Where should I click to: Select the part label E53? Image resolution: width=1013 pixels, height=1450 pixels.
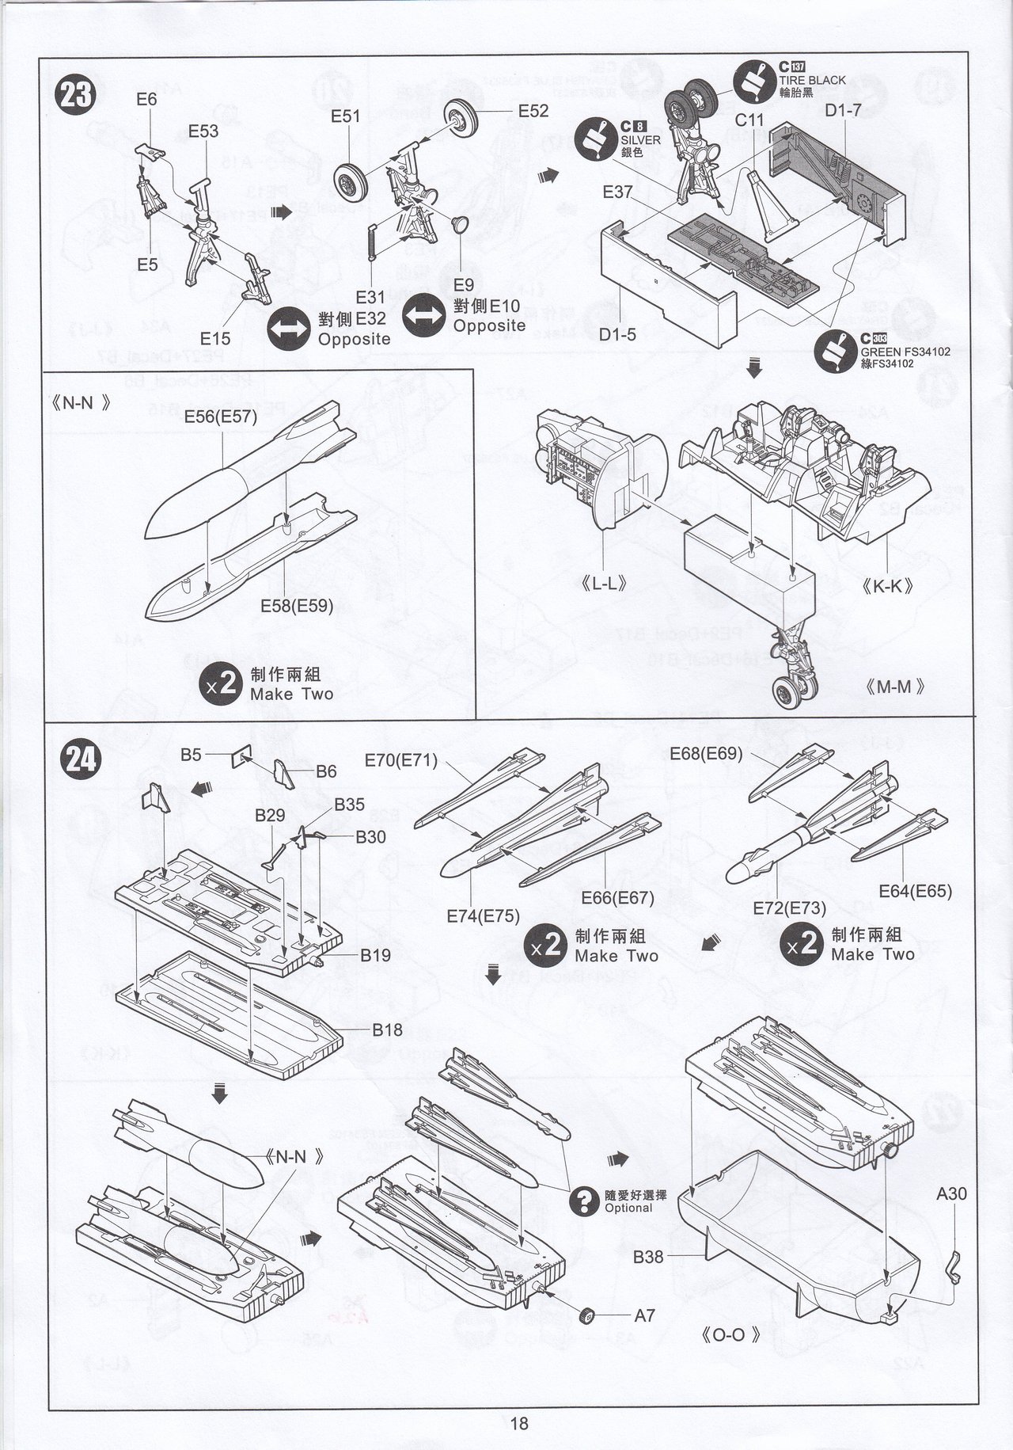(x=203, y=131)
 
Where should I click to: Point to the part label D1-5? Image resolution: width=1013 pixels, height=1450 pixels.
(x=617, y=334)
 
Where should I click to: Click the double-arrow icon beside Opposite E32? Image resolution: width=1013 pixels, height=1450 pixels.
(x=290, y=330)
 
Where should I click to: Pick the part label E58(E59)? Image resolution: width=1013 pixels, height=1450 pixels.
(x=297, y=607)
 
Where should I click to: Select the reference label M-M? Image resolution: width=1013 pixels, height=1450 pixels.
(x=895, y=687)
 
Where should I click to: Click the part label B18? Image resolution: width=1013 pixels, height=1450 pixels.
(x=388, y=1029)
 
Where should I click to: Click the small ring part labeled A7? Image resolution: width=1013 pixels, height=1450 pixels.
(x=588, y=1315)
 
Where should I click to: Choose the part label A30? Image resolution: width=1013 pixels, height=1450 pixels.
(x=951, y=1193)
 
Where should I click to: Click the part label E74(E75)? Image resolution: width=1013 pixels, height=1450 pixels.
(x=483, y=916)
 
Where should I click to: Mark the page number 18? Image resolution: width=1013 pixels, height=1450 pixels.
(x=518, y=1423)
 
